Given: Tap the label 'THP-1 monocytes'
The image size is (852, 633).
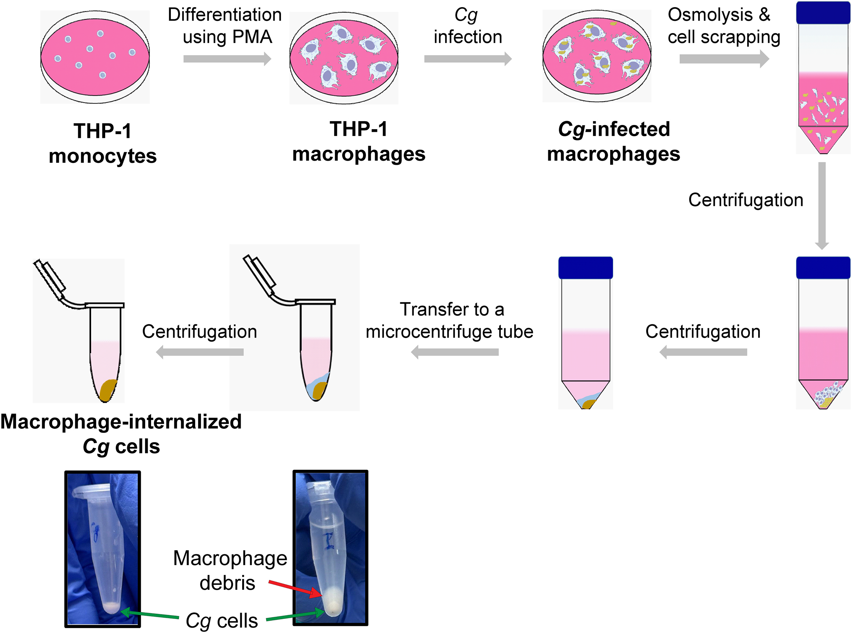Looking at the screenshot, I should point(103,143).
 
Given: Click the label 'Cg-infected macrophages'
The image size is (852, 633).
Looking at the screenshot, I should point(613,141).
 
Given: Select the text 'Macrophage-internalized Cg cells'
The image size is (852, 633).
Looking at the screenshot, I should point(121,434).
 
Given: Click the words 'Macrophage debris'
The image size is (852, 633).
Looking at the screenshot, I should point(230,570).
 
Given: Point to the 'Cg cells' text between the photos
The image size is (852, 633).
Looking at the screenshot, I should point(221,620).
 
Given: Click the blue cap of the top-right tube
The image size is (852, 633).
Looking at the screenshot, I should point(823,13).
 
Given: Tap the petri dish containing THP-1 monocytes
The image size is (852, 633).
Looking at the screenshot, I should point(95,57).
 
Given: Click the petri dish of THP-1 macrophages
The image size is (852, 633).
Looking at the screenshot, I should point(344,57).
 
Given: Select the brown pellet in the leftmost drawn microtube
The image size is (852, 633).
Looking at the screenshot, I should point(108,390).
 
